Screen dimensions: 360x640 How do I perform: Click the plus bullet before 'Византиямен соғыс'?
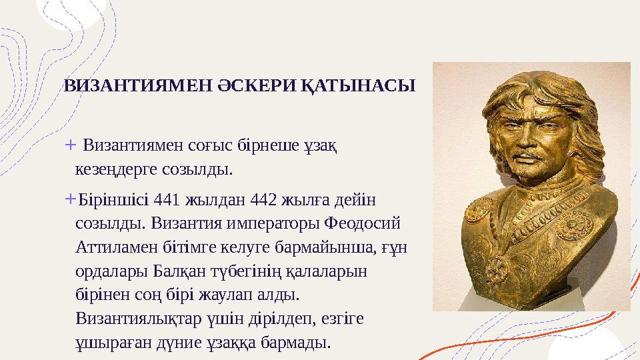coord(71,143)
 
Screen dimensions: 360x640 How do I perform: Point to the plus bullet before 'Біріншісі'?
coord(71,198)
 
